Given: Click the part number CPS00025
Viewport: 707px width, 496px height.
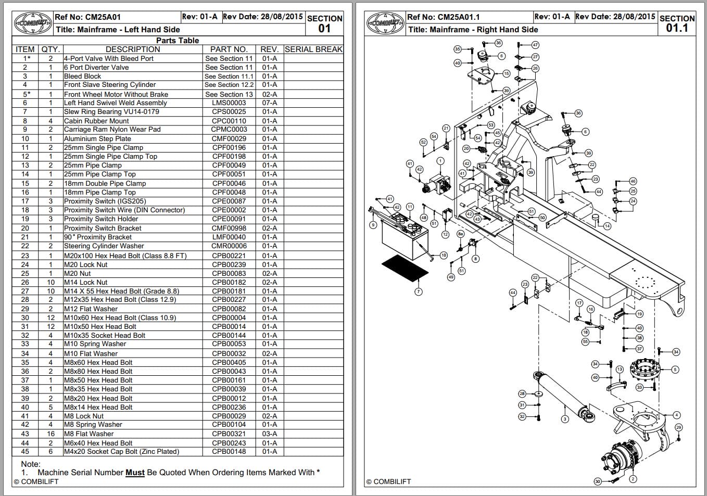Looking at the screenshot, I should tap(229, 112).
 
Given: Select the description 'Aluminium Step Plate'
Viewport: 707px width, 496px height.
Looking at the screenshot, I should tap(97, 139).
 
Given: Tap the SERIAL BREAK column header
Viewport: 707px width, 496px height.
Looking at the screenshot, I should tap(313, 49).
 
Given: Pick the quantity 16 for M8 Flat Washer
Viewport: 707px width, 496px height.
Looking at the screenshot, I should tap(51, 434).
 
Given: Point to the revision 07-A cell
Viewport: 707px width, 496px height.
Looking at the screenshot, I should tap(269, 103).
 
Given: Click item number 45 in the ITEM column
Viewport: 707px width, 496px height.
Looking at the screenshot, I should tap(25, 452).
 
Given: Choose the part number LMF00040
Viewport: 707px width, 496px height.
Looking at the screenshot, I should tap(229, 237).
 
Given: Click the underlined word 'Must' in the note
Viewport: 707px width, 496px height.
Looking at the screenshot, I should tap(135, 473).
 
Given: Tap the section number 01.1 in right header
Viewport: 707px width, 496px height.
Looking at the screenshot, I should tap(677, 28).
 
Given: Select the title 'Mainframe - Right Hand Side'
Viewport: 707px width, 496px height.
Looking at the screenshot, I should tap(473, 30).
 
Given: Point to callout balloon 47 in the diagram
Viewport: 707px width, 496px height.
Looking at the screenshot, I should tap(535, 45).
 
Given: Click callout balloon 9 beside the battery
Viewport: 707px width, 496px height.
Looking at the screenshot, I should tap(373, 225).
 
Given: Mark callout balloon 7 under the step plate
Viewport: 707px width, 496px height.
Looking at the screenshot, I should tap(418, 291).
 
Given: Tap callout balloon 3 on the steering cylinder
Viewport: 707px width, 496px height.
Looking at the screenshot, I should tap(565, 419).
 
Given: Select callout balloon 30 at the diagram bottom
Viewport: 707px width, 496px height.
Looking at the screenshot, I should tap(597, 481).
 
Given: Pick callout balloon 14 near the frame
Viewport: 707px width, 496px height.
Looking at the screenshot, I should tap(607, 226).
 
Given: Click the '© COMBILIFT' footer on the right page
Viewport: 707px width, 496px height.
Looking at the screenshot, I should tap(388, 482).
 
